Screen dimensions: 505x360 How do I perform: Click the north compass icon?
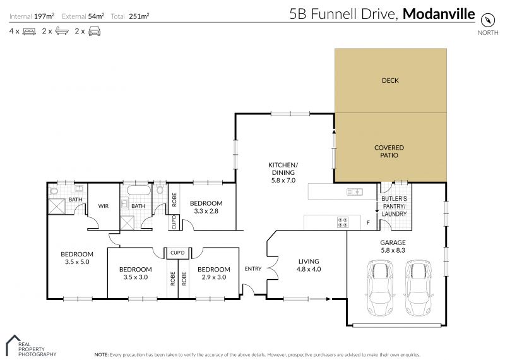tap(487, 20)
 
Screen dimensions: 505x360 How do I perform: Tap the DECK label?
tap(390, 80)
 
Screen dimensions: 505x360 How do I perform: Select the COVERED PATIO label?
tap(389, 152)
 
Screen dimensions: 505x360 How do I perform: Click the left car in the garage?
tap(380, 287)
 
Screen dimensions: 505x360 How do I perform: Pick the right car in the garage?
tap(418, 287)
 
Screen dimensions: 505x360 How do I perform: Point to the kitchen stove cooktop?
tap(342, 222)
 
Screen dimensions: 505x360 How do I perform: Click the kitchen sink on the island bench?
tap(355, 192)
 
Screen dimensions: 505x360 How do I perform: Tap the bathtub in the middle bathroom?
tap(138, 190)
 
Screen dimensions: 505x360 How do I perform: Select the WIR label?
tap(104, 206)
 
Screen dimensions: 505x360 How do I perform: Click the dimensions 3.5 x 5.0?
tap(77, 262)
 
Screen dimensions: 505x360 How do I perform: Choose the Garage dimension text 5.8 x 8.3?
tap(393, 250)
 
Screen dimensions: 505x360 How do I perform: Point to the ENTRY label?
tap(253, 269)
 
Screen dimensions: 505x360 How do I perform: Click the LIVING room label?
tap(309, 261)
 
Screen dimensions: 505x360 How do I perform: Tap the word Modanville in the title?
tap(439, 14)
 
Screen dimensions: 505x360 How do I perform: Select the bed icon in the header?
tap(29, 31)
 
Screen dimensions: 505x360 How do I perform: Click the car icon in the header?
tap(94, 31)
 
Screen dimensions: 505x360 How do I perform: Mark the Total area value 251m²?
tap(139, 16)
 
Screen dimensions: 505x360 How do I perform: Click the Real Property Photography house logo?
tap(12, 345)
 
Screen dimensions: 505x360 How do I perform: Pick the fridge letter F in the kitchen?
tap(368, 222)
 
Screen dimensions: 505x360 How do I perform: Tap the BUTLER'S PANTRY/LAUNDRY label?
tap(394, 207)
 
